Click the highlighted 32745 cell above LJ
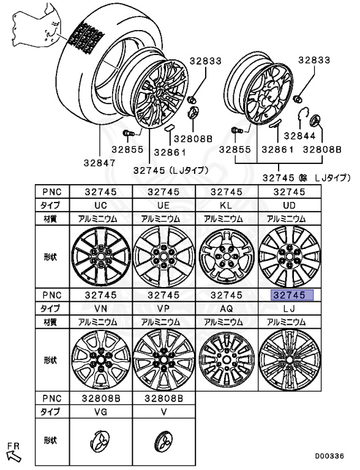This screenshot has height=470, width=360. point(292,295)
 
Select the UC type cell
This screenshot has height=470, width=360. point(101,206)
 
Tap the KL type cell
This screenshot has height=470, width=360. point(227,206)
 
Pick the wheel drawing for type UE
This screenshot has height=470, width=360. point(164,256)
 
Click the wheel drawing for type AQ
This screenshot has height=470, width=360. point(227,360)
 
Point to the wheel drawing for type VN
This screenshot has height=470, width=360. point(101,360)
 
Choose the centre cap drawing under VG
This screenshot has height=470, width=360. point(100,441)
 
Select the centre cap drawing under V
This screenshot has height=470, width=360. point(163,441)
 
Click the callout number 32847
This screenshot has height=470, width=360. point(99,163)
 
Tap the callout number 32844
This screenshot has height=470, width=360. point(300,136)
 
